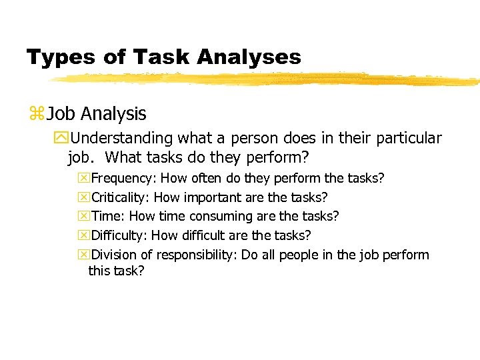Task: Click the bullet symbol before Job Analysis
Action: pos(36,115)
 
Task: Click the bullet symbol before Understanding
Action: pos(64,139)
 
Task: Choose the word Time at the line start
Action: pos(107,216)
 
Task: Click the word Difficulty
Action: pos(119,235)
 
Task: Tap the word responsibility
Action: pos(198,255)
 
